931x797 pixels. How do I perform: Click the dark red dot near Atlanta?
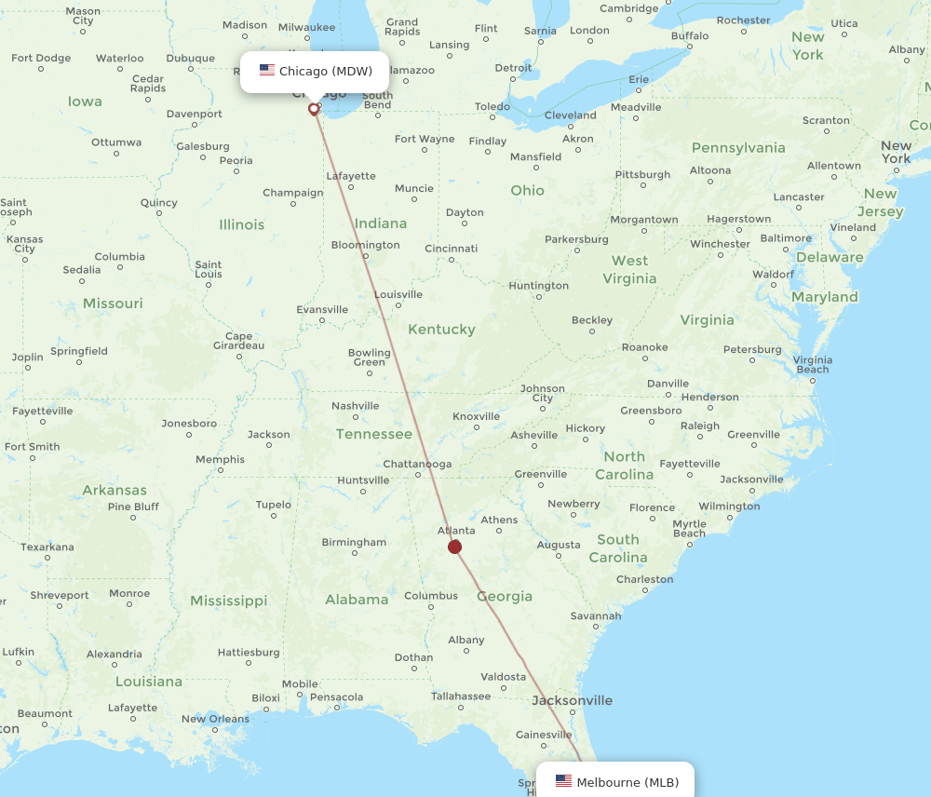[454, 547]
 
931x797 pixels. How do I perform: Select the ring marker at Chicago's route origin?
[314, 109]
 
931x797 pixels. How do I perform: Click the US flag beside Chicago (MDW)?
[267, 71]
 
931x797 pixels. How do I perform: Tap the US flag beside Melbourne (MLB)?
[563, 781]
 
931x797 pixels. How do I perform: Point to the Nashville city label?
[355, 406]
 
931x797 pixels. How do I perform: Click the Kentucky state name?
[441, 330]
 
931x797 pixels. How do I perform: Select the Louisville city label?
[398, 295]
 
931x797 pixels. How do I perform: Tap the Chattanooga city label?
[417, 464]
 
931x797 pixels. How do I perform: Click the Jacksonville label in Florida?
[572, 700]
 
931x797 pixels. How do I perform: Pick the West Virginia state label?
[629, 270]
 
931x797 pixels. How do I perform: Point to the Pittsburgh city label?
[642, 174]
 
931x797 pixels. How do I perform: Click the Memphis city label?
[220, 459]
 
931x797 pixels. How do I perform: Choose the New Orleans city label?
[215, 719]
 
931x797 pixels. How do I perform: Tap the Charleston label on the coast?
[644, 579]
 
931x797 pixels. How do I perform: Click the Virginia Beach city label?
[812, 364]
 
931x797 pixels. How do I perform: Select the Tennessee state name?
[373, 434]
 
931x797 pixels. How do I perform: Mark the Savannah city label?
[595, 615]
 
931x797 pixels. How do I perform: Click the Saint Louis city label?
[209, 270]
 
